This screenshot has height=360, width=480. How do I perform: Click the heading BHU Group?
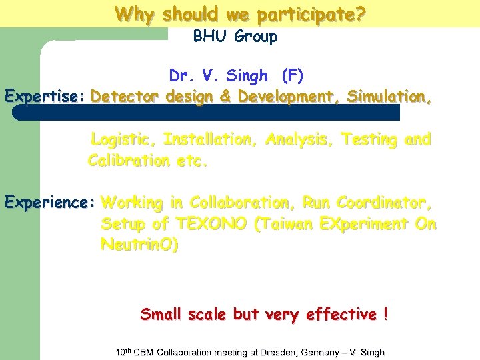tap(235, 37)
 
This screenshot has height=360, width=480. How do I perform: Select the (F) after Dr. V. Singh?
tap(293, 76)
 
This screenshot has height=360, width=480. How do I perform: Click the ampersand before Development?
tap(225, 97)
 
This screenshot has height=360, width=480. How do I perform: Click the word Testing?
tap(370, 140)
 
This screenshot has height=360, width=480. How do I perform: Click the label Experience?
tap(49, 202)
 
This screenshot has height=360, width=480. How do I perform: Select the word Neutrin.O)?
tap(139, 245)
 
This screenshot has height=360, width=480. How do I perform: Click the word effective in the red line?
tap(341, 314)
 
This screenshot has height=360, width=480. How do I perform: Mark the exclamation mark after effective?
tap(386, 314)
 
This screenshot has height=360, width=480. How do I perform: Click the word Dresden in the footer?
tap(275, 352)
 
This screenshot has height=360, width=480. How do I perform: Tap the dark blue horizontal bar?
tap(207, 113)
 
